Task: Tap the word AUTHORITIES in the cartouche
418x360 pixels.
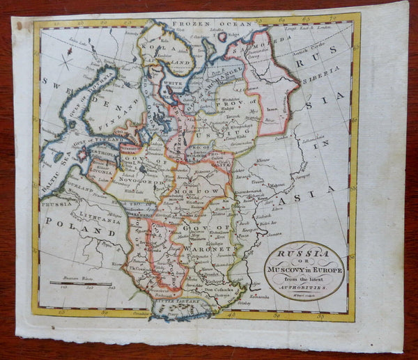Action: [x=304, y=284]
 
